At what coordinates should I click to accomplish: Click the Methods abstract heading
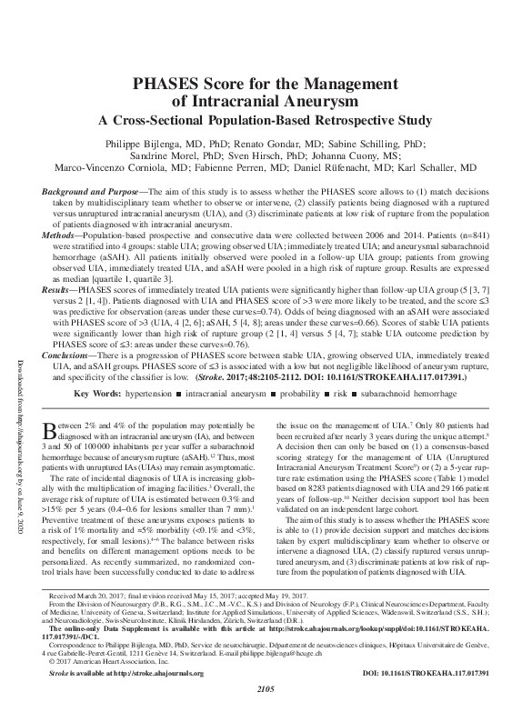[64, 236]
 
